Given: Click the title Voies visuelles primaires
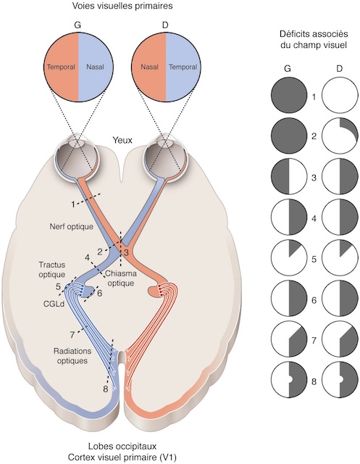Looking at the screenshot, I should (122, 7).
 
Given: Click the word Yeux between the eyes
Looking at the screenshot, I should (122, 141).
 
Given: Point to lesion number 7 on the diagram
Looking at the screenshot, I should (72, 335).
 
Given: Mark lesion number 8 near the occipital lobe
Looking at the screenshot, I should (106, 389).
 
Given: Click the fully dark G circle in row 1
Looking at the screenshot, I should (288, 96).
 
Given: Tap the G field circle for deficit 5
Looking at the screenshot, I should (288, 257).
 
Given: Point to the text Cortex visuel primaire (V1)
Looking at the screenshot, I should (122, 457).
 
